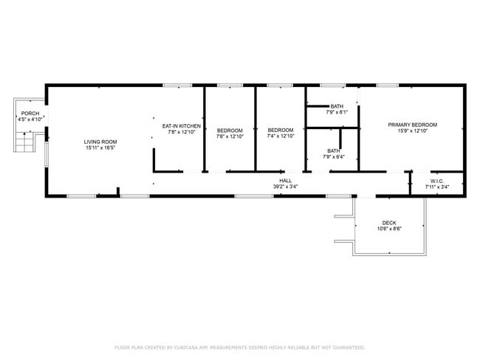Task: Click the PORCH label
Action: click(30, 113)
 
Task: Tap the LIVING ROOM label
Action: click(100, 142)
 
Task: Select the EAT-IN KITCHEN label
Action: click(181, 126)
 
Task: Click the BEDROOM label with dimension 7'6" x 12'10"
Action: click(230, 131)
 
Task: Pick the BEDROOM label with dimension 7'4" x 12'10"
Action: click(281, 131)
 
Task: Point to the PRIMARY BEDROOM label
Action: click(413, 125)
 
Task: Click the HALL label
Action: click(285, 180)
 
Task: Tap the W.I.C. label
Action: click(436, 181)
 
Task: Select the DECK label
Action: click(389, 223)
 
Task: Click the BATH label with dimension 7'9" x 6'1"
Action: click(337, 106)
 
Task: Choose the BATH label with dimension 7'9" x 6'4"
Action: click(334, 151)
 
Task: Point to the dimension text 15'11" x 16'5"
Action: click(100, 148)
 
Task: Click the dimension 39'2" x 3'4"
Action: click(285, 187)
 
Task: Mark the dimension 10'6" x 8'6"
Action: click(389, 229)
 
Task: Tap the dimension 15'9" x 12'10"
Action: click(413, 131)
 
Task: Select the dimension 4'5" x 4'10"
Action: click(30, 119)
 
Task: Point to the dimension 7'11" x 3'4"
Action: click(436, 187)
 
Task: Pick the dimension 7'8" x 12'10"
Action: click(181, 132)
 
